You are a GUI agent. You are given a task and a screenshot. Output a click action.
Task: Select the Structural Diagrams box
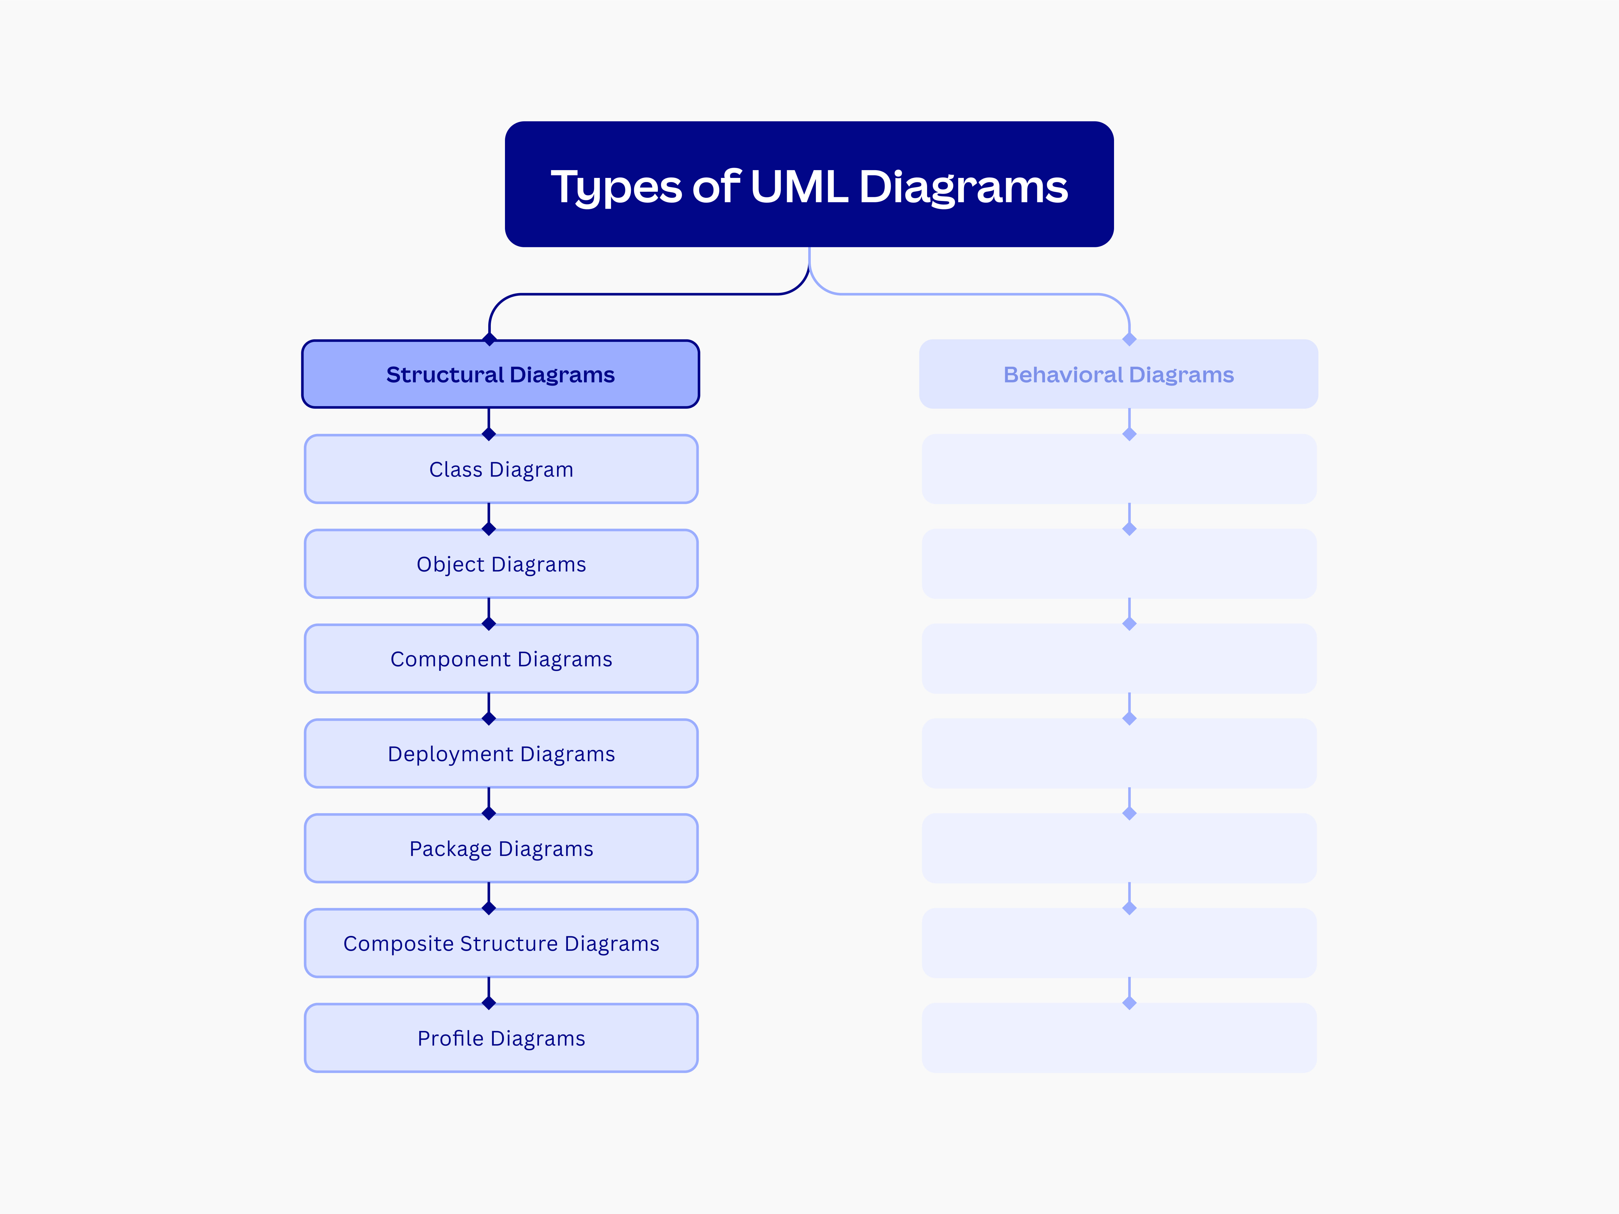click(500, 374)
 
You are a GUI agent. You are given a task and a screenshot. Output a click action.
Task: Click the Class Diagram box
click(500, 469)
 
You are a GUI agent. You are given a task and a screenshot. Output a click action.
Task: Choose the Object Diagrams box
click(500, 564)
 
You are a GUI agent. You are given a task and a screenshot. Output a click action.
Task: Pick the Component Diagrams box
click(500, 659)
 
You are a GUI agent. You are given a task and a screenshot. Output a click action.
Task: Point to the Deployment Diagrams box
click(500, 754)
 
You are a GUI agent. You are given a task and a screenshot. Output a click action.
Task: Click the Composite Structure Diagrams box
click(500, 943)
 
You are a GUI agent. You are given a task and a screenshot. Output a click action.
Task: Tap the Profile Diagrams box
click(500, 1038)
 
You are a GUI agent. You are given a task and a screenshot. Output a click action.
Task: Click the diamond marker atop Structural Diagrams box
click(490, 339)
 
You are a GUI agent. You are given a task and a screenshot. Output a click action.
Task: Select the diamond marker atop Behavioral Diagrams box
click(1129, 339)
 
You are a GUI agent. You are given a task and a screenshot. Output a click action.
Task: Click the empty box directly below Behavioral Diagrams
click(1119, 469)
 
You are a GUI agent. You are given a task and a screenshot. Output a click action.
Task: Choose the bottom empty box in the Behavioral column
click(1119, 1038)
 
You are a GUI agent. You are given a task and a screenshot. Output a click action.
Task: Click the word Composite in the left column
click(398, 944)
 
